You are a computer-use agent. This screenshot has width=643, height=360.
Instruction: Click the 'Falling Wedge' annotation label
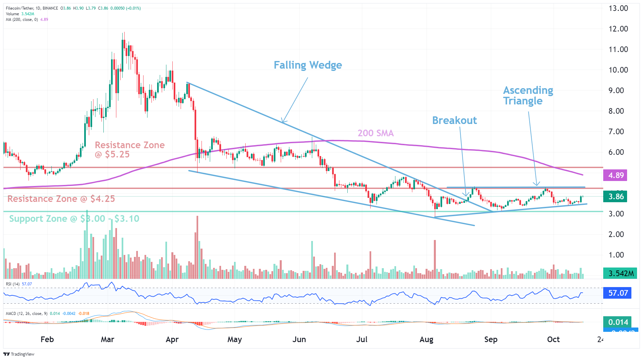pyautogui.click(x=308, y=65)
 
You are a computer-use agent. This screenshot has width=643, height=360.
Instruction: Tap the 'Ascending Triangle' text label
pyautogui.click(x=528, y=95)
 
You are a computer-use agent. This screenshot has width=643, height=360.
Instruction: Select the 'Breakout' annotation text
pyautogui.click(x=454, y=120)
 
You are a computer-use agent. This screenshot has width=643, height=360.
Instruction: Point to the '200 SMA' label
pyautogui.click(x=376, y=133)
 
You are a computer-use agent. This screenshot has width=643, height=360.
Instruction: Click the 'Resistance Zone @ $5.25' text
pyautogui.click(x=130, y=150)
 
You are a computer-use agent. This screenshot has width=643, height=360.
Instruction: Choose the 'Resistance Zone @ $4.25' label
pyautogui.click(x=61, y=199)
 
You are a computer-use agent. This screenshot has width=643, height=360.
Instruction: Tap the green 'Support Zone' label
pyautogui.click(x=74, y=219)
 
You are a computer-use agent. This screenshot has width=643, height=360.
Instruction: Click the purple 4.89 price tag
pyautogui.click(x=616, y=175)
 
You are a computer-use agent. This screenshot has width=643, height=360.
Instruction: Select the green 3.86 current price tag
pyautogui.click(x=616, y=197)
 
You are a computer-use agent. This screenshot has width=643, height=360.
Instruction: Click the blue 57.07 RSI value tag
pyautogui.click(x=618, y=293)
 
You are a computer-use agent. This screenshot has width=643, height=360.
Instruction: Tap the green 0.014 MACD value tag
pyautogui.click(x=618, y=322)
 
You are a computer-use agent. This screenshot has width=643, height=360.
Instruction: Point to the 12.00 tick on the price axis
pyautogui.click(x=618, y=29)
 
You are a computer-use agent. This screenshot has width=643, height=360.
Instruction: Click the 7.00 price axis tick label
pyautogui.click(x=616, y=132)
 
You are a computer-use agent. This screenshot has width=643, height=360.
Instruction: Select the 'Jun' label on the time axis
pyautogui.click(x=299, y=339)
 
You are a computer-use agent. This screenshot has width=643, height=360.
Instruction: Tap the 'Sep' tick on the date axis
pyautogui.click(x=491, y=339)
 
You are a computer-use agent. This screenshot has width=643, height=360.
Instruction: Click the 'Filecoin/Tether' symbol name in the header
pyautogui.click(x=20, y=8)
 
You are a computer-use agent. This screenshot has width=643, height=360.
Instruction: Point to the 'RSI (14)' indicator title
pyautogui.click(x=13, y=284)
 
